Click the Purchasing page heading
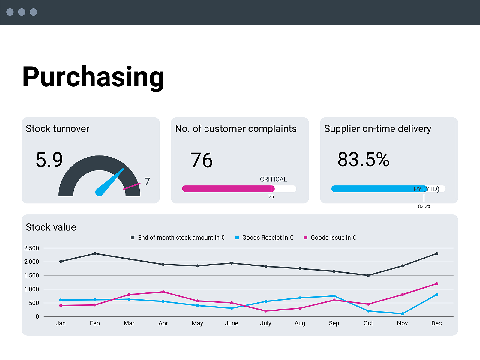(x=93, y=77)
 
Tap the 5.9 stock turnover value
(x=49, y=160)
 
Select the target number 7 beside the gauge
(x=147, y=181)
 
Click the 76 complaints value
(x=201, y=160)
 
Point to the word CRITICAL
(x=273, y=179)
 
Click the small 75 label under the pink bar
(x=271, y=196)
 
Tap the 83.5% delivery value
(x=363, y=159)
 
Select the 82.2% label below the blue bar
(x=424, y=206)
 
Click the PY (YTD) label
(x=426, y=189)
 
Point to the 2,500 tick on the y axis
(x=31, y=248)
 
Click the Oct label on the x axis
(x=368, y=323)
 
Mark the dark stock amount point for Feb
(x=95, y=253)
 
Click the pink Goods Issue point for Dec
(x=436, y=283)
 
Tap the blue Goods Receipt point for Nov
(x=402, y=314)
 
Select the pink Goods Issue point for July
(x=266, y=311)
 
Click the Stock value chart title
(x=51, y=227)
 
